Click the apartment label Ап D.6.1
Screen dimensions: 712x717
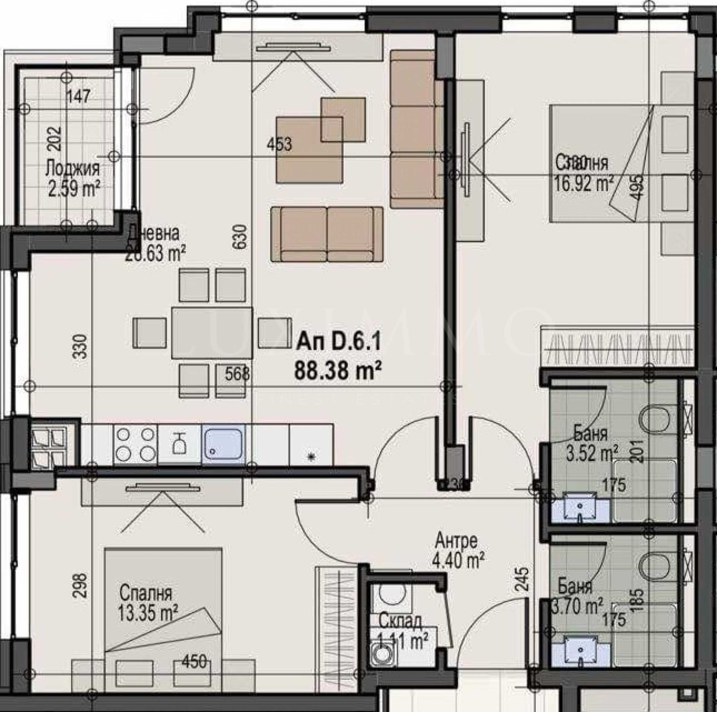(x=338, y=344)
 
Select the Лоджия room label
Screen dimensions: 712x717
(x=73, y=169)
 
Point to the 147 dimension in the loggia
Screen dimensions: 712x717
(x=79, y=96)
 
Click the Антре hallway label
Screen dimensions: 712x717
(x=456, y=541)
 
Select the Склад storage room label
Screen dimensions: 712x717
(x=400, y=621)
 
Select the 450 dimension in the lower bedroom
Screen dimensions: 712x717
(x=194, y=661)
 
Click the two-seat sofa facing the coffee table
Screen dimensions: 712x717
(x=327, y=234)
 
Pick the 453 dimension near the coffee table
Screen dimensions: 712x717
(x=279, y=144)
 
